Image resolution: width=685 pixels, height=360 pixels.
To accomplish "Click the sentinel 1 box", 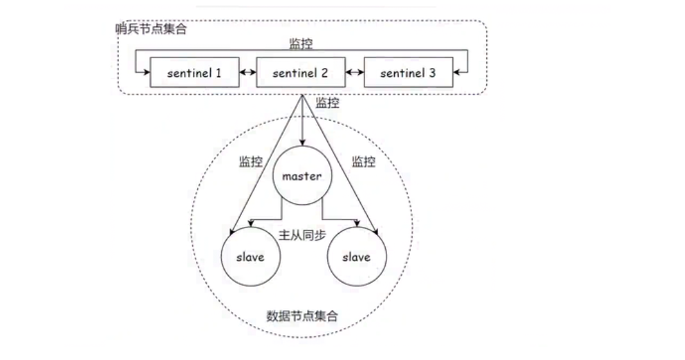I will (194, 72).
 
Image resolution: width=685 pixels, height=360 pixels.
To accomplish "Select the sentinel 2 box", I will (301, 72).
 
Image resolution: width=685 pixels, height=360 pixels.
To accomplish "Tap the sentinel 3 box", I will (408, 72).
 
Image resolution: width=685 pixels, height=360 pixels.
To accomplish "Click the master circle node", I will (301, 176).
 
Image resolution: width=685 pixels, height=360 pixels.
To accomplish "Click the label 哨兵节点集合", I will (151, 29).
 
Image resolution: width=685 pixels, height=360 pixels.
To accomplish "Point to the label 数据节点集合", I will (302, 316).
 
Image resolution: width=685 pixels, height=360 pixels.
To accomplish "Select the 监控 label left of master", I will (251, 161).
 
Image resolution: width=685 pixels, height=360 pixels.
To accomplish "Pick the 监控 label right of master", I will (363, 161).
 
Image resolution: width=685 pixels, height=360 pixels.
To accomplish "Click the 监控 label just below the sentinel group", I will (327, 102).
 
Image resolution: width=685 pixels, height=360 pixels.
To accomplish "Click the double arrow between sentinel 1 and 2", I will (247, 72).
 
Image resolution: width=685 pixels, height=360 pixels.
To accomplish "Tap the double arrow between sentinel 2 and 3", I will (354, 72).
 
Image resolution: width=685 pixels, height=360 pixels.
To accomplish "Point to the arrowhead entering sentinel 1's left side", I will (146, 72).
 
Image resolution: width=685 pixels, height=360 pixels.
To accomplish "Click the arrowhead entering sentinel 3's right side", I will (456, 72).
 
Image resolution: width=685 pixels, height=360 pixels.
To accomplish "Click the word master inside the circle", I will (301, 176).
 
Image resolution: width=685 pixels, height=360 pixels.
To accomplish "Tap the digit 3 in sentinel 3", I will (432, 72).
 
